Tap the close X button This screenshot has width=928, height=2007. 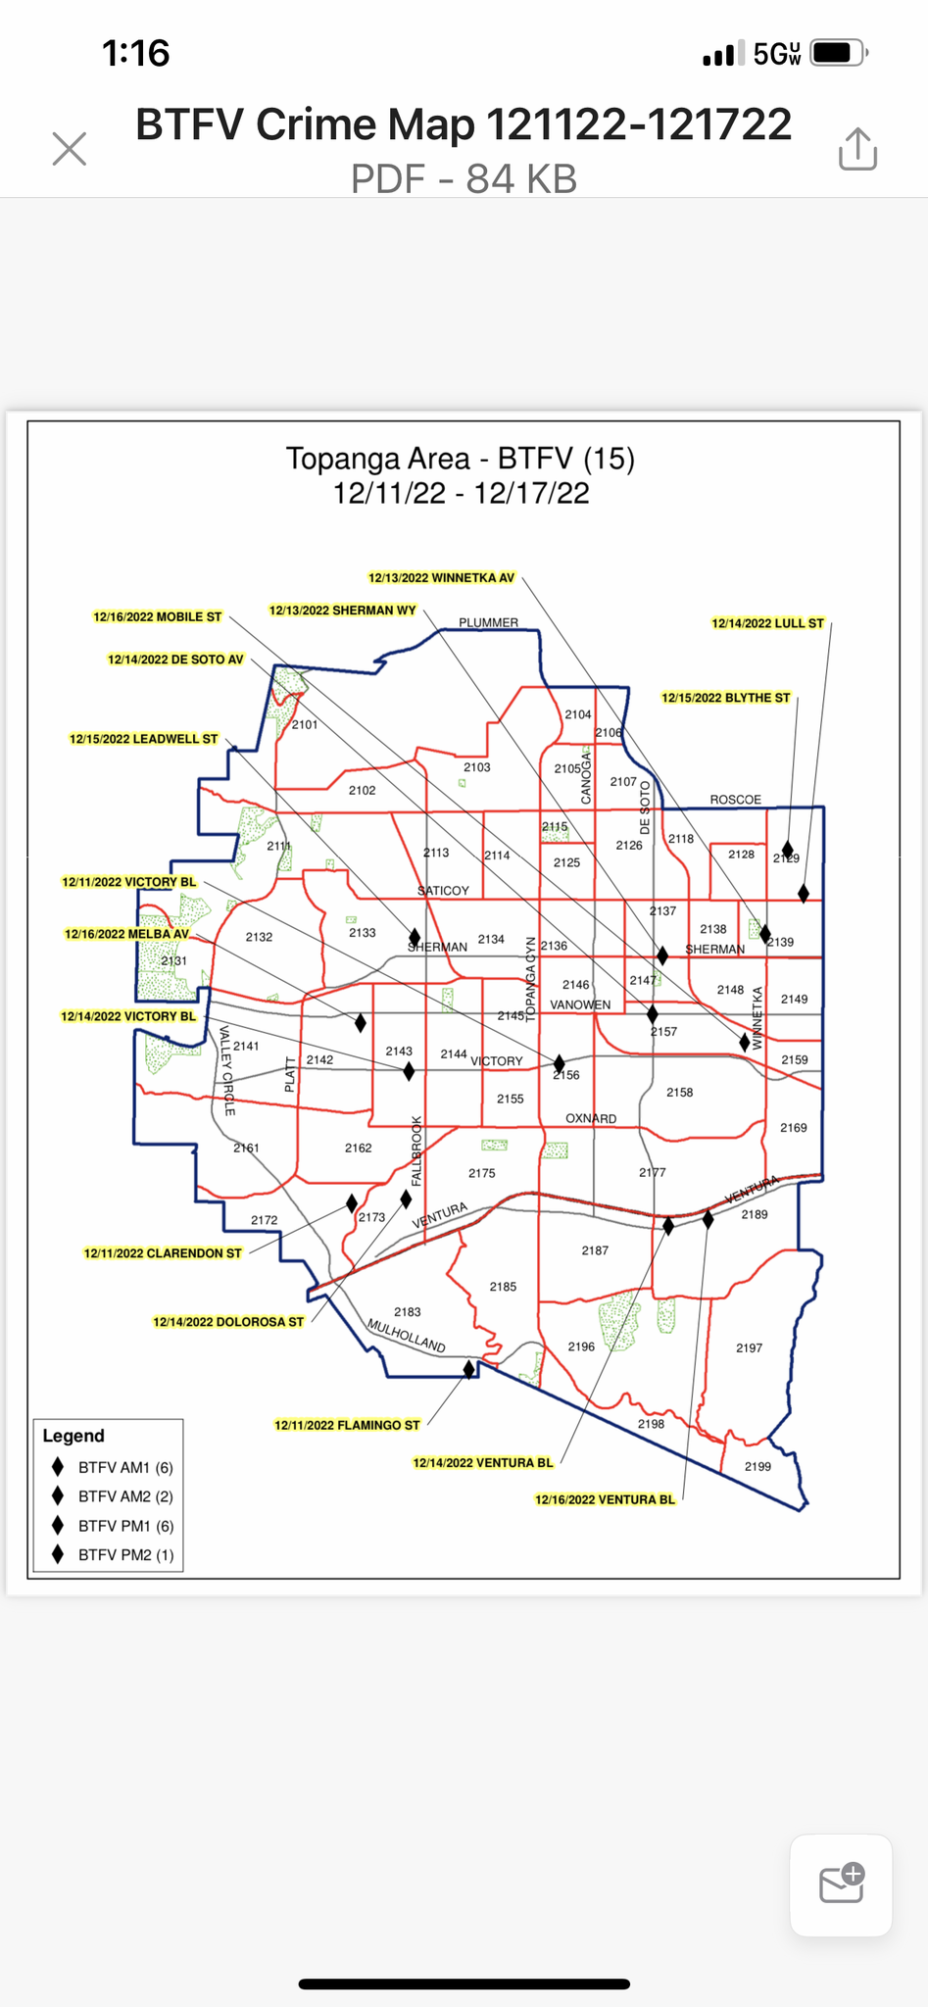(x=70, y=150)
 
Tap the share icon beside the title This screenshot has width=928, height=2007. (x=857, y=150)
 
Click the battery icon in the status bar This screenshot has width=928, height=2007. (x=838, y=53)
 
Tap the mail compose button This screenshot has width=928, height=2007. (x=841, y=1885)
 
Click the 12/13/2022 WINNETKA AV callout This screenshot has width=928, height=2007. (x=441, y=578)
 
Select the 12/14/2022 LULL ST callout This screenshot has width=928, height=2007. (x=767, y=623)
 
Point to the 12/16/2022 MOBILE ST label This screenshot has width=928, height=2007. (x=158, y=617)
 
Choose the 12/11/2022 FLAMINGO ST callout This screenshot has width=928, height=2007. (x=347, y=1425)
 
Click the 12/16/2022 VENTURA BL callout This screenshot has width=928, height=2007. (x=605, y=1499)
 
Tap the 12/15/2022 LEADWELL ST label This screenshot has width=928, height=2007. (x=143, y=739)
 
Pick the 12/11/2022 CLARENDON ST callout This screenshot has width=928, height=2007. (x=163, y=1253)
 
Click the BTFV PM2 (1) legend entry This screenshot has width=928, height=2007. (x=125, y=1554)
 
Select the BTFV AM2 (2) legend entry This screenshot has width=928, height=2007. (x=125, y=1496)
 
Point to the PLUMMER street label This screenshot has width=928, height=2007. (x=488, y=622)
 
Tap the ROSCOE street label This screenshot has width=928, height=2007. (x=735, y=800)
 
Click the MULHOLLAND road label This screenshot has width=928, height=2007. (x=406, y=1335)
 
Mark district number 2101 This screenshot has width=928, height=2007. (x=305, y=724)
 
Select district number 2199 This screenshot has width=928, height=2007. (x=757, y=1466)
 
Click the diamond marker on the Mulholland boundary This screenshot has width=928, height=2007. (x=468, y=1369)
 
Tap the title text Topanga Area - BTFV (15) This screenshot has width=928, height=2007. (x=461, y=459)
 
